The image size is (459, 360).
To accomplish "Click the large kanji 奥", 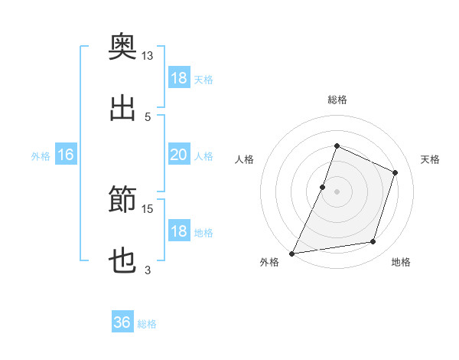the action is pos(122,46).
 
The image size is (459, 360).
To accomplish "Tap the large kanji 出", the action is pos(122,108).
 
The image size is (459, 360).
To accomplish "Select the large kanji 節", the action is pos(122,198).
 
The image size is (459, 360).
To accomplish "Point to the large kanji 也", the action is pos(122,260).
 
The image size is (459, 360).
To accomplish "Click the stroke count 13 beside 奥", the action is pos(147,56).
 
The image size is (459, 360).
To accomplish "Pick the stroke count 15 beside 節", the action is pos(147,209).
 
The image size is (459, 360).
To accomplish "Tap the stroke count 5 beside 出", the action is pos(148,117).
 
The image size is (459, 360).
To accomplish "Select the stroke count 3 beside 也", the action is pos(148,270).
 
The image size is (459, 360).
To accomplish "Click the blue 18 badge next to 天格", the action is pos(179,77).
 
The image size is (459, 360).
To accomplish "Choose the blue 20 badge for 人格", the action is pos(179,154).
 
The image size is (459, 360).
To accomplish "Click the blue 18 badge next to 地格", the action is pos(179,230).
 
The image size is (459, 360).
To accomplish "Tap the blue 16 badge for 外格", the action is pos(66,154).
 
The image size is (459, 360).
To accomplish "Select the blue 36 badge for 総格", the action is pos(122,321).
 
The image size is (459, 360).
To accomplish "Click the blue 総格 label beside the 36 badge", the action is pos(147,324).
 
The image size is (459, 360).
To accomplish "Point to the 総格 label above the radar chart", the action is pos(337,100).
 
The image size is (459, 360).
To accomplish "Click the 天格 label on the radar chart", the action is pos(430,159).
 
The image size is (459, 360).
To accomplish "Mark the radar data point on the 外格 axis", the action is pos(292,254).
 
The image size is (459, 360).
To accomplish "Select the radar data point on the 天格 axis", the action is pos(395,172).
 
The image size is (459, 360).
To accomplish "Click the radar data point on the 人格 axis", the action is pos(322,188).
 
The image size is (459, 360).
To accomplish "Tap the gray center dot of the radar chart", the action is pos(337,192).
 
